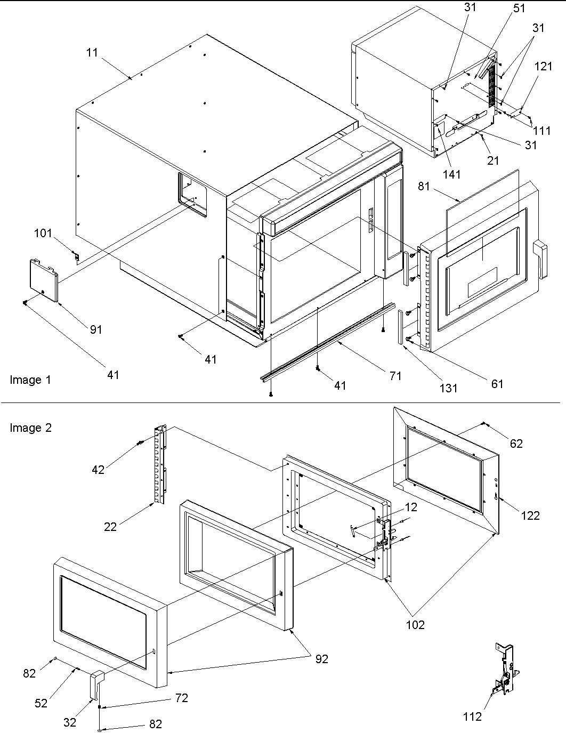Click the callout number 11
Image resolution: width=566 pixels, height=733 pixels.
tap(93, 52)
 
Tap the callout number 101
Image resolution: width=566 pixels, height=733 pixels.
tap(44, 233)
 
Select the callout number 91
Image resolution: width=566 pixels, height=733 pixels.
tap(95, 329)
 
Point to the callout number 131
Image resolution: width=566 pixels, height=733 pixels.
tap(448, 388)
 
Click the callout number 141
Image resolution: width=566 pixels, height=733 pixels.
tap(451, 174)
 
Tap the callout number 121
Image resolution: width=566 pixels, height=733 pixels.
tap(544, 67)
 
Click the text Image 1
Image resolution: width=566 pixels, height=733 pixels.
tap(30, 380)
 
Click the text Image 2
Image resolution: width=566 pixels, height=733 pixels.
tap(30, 428)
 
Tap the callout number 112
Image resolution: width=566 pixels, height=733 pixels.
tap(472, 717)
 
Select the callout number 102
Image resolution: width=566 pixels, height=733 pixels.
tap(415, 624)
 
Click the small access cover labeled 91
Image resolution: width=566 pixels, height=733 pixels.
tap(43, 278)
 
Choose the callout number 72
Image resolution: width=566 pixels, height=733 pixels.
tap(182, 698)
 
